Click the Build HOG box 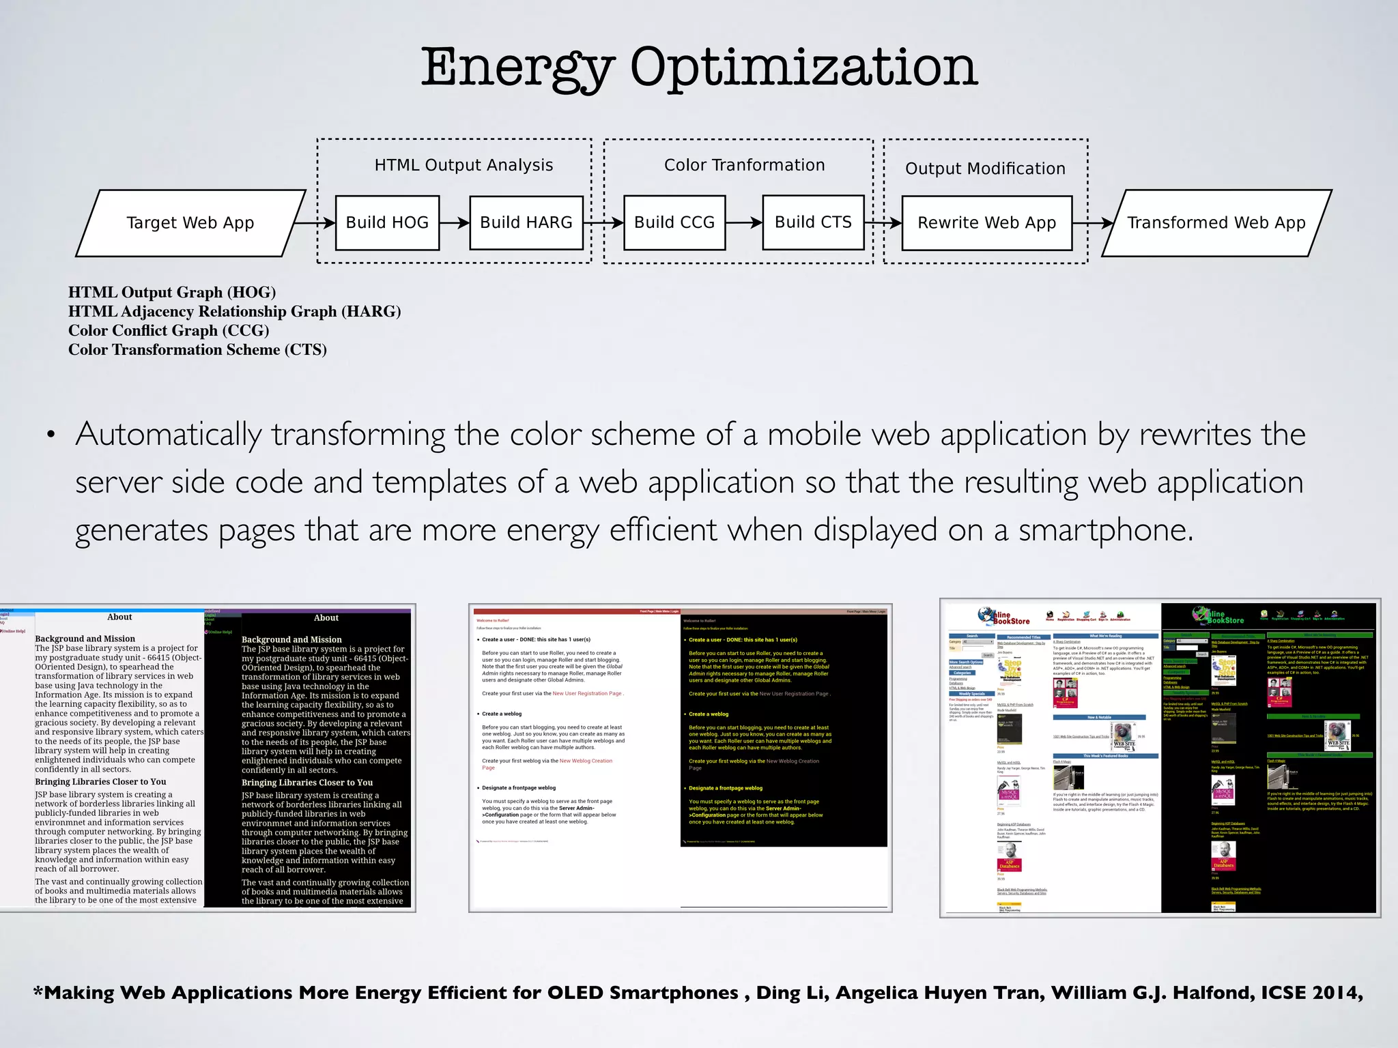(x=387, y=223)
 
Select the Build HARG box (x=526, y=223)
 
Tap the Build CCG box (x=674, y=223)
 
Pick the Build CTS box (x=813, y=222)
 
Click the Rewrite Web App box (x=986, y=223)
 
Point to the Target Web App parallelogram (x=190, y=223)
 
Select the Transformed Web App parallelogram (x=1216, y=223)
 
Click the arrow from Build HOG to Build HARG (x=455, y=223)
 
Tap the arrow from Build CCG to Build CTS (x=744, y=222)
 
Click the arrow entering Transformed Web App (x=1092, y=223)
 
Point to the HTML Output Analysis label (x=463, y=165)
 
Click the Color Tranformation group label (x=744, y=165)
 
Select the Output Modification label (x=985, y=169)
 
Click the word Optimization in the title (x=803, y=68)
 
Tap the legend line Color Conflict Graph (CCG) (x=169, y=331)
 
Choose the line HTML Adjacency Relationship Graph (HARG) (x=234, y=312)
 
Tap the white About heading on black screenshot (x=326, y=618)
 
